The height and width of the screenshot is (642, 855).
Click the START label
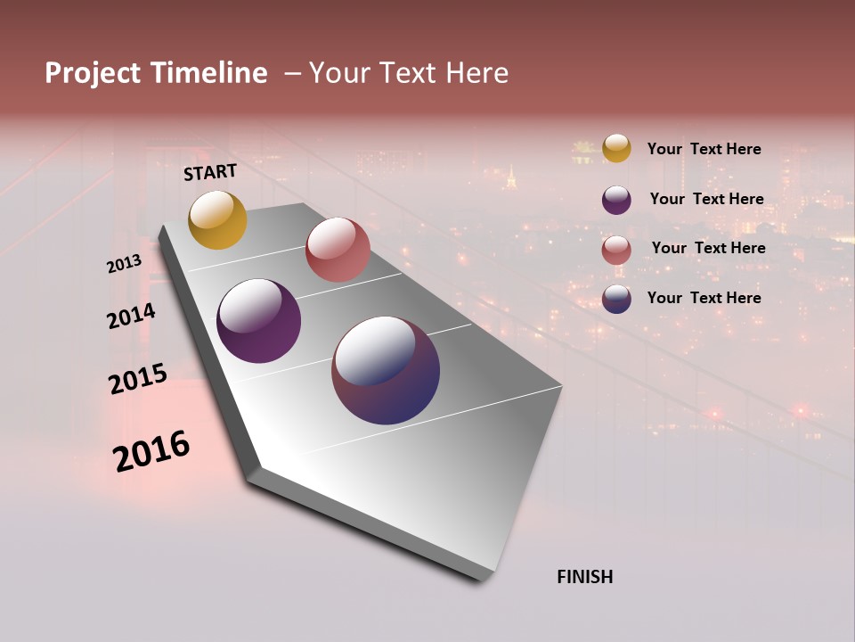pos(210,172)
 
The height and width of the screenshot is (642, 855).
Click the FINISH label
pos(584,577)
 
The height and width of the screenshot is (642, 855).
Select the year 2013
pos(124,264)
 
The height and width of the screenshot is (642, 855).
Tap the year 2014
pos(131,316)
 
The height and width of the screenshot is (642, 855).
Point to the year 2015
pos(138,379)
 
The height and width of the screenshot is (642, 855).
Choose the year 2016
pos(151,451)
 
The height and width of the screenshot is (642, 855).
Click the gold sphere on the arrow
pos(217,219)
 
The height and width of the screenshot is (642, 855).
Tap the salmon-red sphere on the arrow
pos(338,250)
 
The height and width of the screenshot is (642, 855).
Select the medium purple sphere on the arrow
pos(258,321)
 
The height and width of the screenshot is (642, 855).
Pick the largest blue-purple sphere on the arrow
pos(386,370)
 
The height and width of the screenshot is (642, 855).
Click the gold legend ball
pos(616,148)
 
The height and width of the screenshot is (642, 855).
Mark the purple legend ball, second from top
pos(616,200)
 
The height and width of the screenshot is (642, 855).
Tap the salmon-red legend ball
pos(616,250)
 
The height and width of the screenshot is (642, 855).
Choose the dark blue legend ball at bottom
pos(616,300)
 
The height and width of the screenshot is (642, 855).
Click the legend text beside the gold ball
pos(704,150)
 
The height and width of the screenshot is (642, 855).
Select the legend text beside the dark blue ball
pos(704,298)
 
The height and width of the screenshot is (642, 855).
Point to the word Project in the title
pos(93,73)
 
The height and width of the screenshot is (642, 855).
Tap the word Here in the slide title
pos(476,73)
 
